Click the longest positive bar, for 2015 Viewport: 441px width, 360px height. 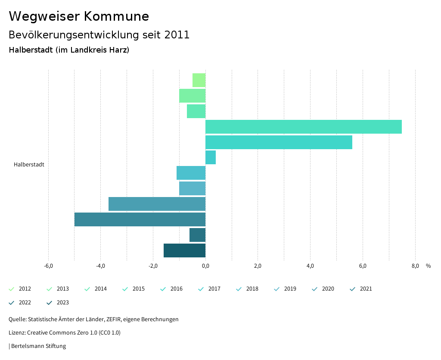click(x=303, y=127)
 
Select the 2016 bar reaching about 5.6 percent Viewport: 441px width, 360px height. click(x=279, y=142)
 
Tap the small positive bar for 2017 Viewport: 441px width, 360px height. click(x=211, y=157)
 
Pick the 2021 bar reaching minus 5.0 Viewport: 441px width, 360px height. click(x=140, y=219)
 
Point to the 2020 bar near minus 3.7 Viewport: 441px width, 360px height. click(x=157, y=204)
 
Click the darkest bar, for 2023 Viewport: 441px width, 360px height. click(x=184, y=250)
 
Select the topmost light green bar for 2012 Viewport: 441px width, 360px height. click(x=199, y=80)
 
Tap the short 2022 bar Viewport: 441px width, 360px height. click(x=197, y=235)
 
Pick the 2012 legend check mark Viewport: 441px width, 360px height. click(x=12, y=289)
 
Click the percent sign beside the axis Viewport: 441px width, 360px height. click(x=428, y=266)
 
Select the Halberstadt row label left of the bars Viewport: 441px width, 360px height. click(x=29, y=165)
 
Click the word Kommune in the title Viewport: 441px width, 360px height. click(x=116, y=16)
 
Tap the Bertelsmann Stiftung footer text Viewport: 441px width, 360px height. click(x=38, y=346)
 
